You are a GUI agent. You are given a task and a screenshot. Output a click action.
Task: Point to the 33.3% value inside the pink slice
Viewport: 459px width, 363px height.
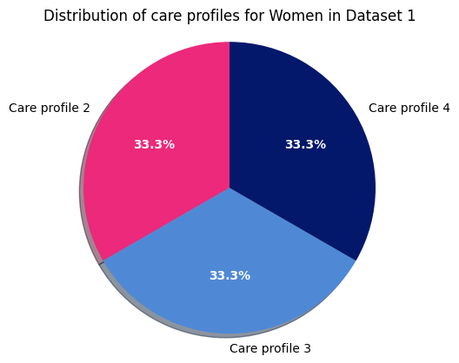pos(154,145)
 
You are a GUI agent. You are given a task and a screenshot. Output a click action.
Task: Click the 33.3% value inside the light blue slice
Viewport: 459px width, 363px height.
pos(229,275)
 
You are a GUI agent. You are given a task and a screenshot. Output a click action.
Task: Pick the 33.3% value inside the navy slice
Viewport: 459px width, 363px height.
pos(305,145)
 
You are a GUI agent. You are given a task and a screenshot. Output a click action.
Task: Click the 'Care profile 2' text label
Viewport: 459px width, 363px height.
pos(49,109)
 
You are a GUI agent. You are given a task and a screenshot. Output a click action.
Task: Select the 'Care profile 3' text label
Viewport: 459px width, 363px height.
pos(269,348)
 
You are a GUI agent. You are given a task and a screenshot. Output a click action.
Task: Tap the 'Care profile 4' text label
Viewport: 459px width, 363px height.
pos(409,109)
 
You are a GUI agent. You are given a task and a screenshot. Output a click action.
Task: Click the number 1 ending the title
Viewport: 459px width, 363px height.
pos(411,16)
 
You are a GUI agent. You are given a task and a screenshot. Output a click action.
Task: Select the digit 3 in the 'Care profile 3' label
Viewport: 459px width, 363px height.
pos(307,348)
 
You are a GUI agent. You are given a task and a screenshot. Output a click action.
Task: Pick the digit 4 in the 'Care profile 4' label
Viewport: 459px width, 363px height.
pos(446,109)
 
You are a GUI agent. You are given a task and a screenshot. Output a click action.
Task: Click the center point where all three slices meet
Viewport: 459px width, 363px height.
pos(229,188)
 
